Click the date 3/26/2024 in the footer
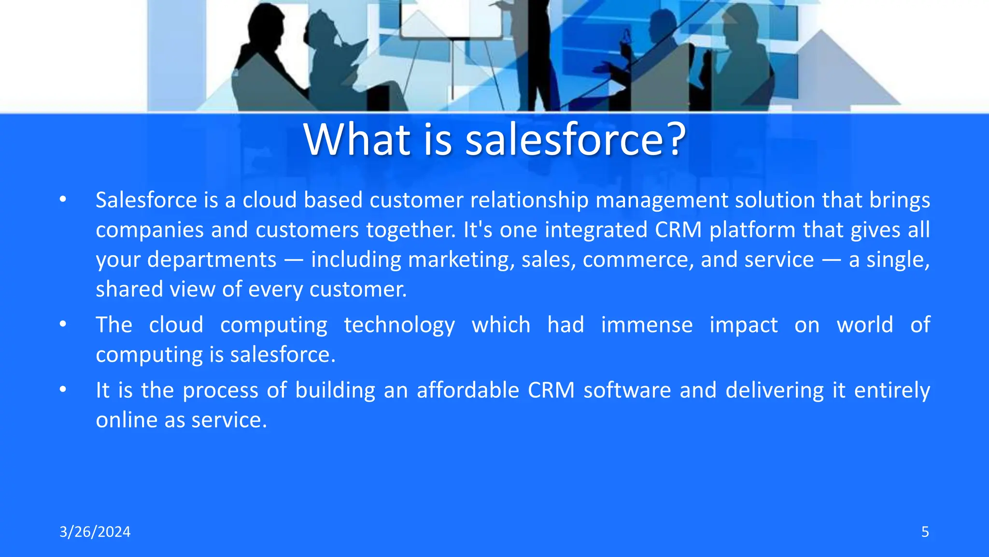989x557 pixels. [95, 532]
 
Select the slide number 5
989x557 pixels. [925, 532]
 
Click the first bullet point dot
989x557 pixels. [63, 200]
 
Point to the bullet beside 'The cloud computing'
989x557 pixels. [63, 324]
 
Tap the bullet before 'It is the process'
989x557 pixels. [63, 390]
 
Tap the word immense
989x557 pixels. [647, 325]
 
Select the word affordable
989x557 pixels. [468, 390]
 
